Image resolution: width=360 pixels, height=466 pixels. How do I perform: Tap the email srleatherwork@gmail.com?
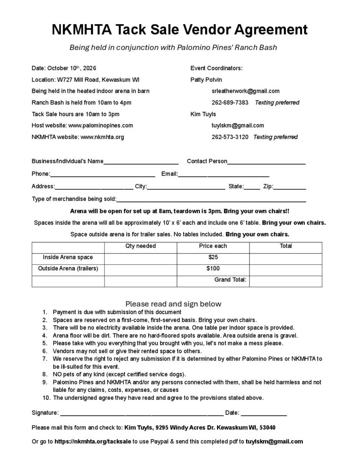point(245,91)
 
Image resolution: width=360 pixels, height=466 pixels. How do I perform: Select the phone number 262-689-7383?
point(230,102)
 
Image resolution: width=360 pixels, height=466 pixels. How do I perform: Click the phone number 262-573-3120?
point(230,137)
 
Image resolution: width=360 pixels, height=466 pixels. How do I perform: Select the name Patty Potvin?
point(206,79)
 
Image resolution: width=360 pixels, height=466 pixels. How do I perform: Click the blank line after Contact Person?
point(266,162)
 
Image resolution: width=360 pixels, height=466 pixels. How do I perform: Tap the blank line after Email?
point(223,174)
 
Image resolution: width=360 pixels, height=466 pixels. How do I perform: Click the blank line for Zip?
point(289,187)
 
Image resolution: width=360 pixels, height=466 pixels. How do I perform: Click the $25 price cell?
point(213,257)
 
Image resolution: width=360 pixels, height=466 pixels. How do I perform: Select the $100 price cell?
point(213,268)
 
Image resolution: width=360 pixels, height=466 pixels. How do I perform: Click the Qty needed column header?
point(141,246)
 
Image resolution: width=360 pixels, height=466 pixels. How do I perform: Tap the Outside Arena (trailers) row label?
point(68,268)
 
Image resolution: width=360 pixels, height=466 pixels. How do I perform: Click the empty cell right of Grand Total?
point(285,280)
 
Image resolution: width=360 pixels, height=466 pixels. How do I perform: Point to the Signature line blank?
point(142,413)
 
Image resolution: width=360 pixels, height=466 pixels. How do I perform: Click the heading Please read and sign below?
point(173,304)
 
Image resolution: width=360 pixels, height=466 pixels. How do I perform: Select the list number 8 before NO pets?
point(45,374)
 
